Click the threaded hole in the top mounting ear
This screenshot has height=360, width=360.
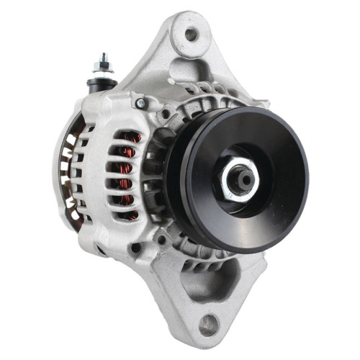tap(191, 33)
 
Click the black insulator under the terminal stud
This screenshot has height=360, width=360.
tap(103, 84)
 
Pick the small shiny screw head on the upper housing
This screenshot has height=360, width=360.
tap(142, 104)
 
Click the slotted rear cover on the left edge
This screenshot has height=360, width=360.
tap(66, 173)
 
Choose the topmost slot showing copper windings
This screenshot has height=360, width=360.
tap(130, 137)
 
